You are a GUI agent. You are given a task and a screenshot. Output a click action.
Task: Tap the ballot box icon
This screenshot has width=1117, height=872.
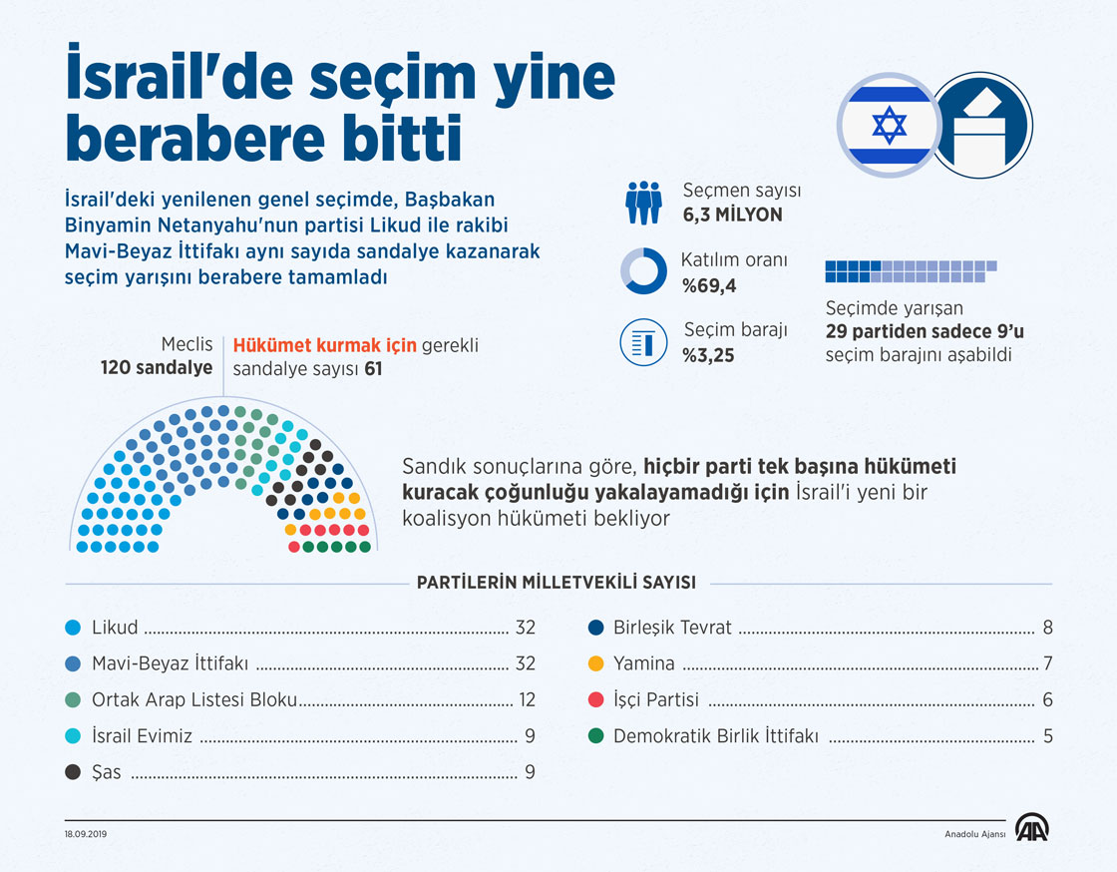click(983, 126)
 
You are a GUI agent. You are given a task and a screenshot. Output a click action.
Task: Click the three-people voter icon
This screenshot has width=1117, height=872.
click(644, 202)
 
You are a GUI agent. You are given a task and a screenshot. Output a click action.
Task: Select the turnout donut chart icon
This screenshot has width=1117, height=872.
click(643, 270)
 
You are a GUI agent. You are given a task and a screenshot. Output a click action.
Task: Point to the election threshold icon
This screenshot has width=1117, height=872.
click(643, 342)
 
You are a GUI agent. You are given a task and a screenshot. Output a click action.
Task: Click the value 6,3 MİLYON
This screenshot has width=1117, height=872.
click(732, 215)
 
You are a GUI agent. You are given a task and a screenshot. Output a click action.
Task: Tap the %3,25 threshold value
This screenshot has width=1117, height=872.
click(709, 354)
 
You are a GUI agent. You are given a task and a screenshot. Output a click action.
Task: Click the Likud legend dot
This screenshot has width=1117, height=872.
click(72, 629)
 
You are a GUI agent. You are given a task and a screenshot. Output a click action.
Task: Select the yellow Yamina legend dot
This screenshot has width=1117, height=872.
click(595, 663)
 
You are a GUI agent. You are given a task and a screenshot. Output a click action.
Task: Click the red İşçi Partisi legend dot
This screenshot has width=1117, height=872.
click(595, 700)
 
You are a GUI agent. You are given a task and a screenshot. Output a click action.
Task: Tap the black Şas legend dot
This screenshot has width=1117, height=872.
click(72, 772)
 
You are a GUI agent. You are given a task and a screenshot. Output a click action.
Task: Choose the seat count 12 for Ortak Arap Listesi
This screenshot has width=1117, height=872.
click(526, 700)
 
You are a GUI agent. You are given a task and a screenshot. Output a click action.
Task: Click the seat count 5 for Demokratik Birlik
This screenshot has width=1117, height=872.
click(1047, 736)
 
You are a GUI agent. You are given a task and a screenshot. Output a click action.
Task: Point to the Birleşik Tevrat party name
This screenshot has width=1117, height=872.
click(672, 629)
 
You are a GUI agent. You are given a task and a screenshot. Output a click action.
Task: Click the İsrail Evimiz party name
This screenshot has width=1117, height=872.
click(142, 736)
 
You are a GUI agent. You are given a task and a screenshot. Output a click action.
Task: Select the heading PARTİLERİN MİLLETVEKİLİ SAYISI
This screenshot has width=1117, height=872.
click(557, 583)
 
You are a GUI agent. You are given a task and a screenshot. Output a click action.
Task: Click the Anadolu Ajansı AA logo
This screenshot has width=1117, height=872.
click(1031, 828)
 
